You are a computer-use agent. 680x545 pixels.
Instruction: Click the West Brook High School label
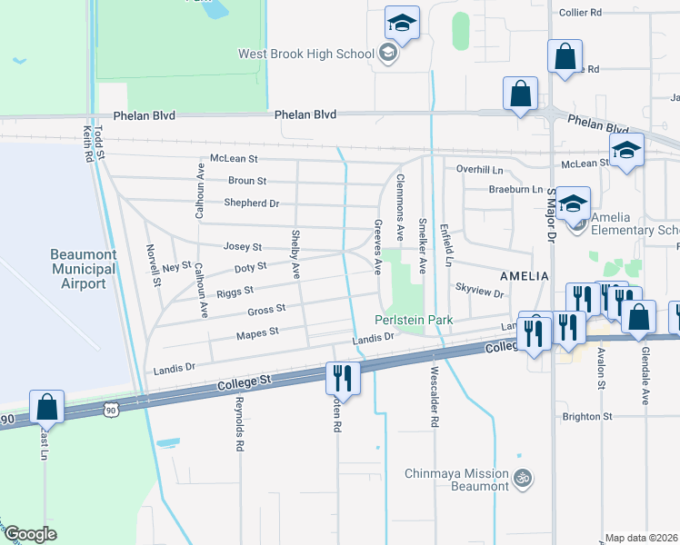(x=305, y=54)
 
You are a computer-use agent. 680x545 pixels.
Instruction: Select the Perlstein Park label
(x=412, y=320)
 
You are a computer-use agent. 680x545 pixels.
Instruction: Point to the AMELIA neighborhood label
(x=524, y=275)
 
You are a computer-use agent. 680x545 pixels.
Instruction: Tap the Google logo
(x=30, y=534)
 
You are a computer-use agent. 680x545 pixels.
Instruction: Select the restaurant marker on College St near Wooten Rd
(x=344, y=376)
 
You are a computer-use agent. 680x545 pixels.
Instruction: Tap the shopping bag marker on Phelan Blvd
(x=520, y=94)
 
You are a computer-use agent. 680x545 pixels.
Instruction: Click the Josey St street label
(x=243, y=246)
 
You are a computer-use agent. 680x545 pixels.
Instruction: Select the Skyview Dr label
(x=479, y=293)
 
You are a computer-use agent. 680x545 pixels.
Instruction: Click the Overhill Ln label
(x=479, y=170)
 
